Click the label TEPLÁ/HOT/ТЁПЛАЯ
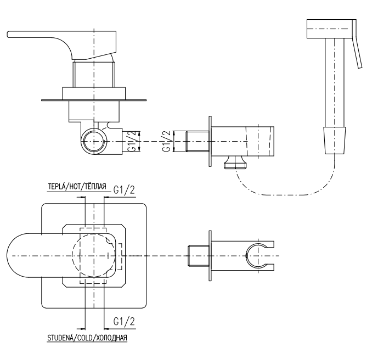[77, 187]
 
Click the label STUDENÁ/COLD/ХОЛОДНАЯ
[87, 338]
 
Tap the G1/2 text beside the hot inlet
[124, 190]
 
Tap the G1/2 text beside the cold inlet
[124, 321]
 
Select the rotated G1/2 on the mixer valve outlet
[134, 141]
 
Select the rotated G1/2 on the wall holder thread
[167, 141]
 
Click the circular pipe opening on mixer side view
[94, 141]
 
